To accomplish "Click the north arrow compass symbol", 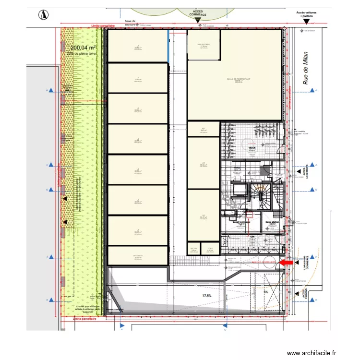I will [43, 15].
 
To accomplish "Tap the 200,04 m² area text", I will [84, 48].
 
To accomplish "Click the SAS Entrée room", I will [203, 46].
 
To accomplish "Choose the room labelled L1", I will [137, 47].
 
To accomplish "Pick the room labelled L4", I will [137, 140].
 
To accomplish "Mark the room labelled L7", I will [137, 231].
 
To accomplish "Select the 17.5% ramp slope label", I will [207, 296].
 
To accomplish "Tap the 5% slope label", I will [265, 291].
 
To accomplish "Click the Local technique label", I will [241, 223].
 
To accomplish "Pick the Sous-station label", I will [271, 223].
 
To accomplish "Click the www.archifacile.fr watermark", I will [312, 353].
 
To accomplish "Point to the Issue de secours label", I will [130, 23].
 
